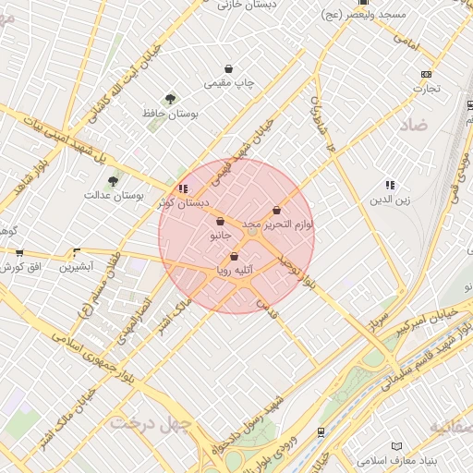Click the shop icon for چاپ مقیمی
(229, 68)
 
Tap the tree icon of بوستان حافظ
(170, 99)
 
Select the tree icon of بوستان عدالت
(113, 181)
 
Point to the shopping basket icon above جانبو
(220, 222)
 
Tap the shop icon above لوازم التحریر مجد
(277, 211)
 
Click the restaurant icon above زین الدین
(389, 185)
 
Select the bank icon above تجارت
(426, 75)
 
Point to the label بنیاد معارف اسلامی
(398, 459)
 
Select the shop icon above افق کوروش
(19, 253)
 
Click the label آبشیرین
(77, 267)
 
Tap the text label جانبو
(219, 236)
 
